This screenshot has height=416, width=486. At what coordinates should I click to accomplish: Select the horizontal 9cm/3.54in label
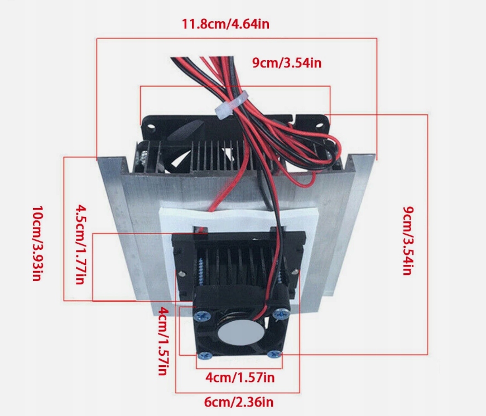coord(287,62)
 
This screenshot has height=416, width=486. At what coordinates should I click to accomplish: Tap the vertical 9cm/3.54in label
coord(408,241)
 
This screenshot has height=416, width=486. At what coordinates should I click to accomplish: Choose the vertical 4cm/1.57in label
coord(162,341)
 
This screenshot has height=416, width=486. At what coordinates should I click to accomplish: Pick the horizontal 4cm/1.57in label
coord(240,378)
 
